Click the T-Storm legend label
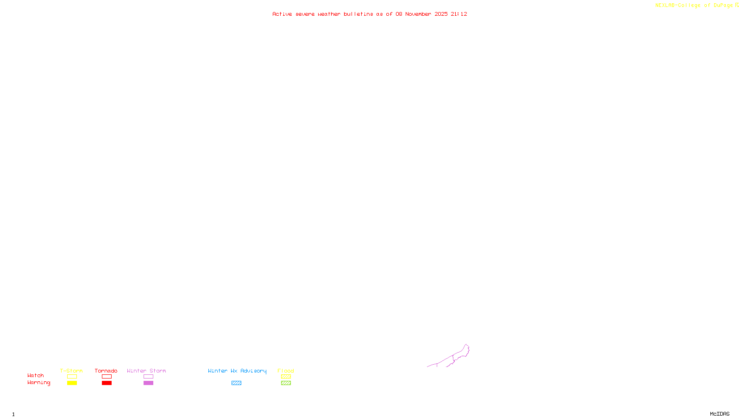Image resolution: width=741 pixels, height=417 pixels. (x=71, y=371)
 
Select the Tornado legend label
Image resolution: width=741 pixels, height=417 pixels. (x=106, y=371)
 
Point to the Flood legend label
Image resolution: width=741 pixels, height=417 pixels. (x=286, y=371)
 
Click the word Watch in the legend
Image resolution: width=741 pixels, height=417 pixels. (x=36, y=376)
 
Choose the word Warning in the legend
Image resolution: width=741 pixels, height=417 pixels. (x=38, y=383)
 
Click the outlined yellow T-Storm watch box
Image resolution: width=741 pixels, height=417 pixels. (x=72, y=377)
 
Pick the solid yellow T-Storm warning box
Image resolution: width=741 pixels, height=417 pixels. (x=72, y=383)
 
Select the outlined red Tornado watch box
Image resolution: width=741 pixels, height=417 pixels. (x=107, y=377)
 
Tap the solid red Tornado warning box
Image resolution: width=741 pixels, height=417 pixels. (x=107, y=383)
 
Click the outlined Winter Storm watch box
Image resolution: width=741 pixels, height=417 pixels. (x=148, y=377)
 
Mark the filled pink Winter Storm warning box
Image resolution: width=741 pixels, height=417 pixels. (x=148, y=383)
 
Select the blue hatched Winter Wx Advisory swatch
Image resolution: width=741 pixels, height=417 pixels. (x=236, y=383)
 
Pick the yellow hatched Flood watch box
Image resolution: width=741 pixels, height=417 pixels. (x=286, y=377)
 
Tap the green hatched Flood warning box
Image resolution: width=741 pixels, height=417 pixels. (x=286, y=383)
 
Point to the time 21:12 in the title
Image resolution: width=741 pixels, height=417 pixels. (x=459, y=14)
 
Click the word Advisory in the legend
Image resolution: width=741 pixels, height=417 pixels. (x=253, y=371)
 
